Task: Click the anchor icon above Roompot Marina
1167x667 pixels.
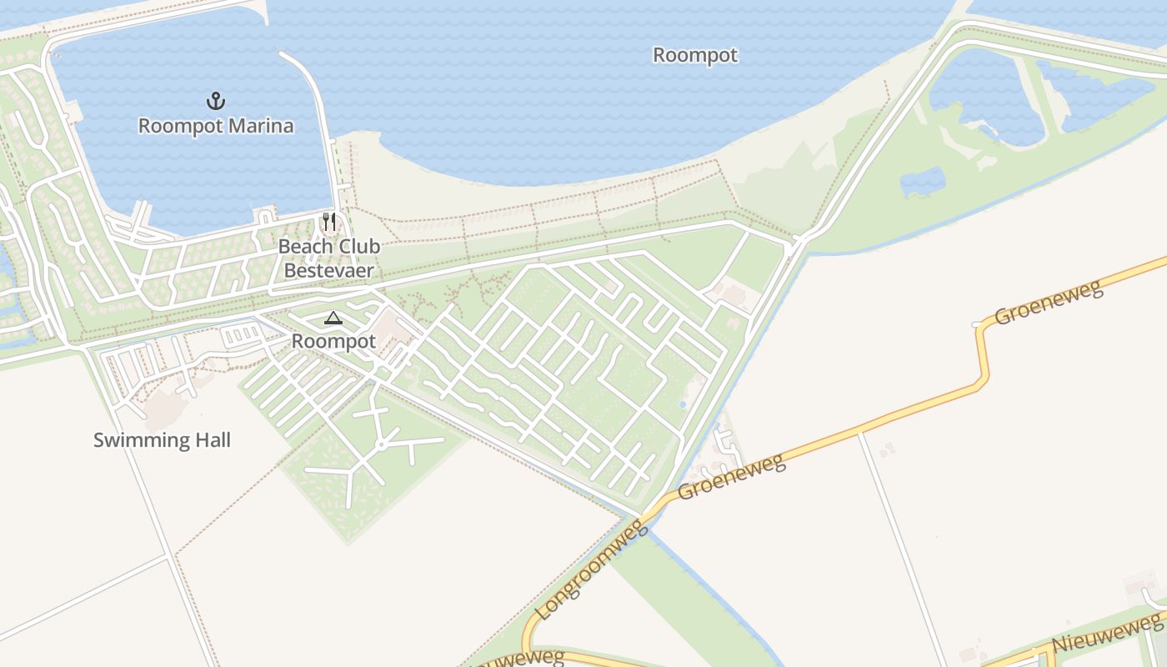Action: (216, 101)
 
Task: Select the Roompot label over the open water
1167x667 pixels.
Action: (694, 55)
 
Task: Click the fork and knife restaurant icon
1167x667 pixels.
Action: (329, 222)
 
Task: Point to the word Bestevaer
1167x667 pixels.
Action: (328, 270)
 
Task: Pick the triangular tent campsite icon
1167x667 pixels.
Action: (333, 318)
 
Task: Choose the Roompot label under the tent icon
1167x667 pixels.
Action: (333, 341)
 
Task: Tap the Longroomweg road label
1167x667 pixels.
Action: (592, 569)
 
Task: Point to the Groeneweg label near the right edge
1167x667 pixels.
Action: (1049, 302)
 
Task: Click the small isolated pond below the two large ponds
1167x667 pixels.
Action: (923, 181)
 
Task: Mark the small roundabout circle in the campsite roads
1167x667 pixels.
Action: (381, 445)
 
